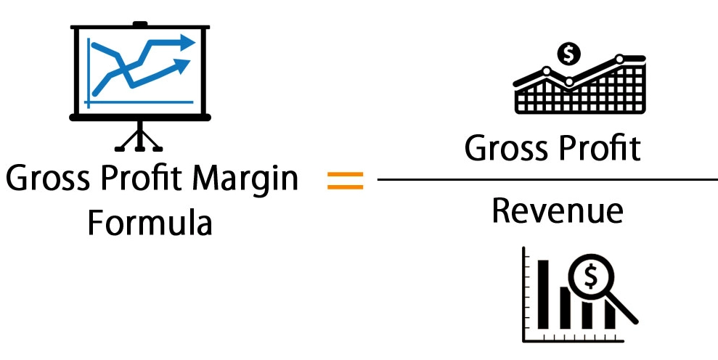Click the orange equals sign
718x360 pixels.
[345, 180]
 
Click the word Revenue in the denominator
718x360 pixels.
[557, 210]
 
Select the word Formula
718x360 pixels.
[150, 223]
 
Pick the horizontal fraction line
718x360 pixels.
[547, 179]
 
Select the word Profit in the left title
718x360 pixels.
[143, 179]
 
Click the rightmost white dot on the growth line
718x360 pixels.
[619, 59]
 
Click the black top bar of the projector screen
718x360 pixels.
[139, 27]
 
